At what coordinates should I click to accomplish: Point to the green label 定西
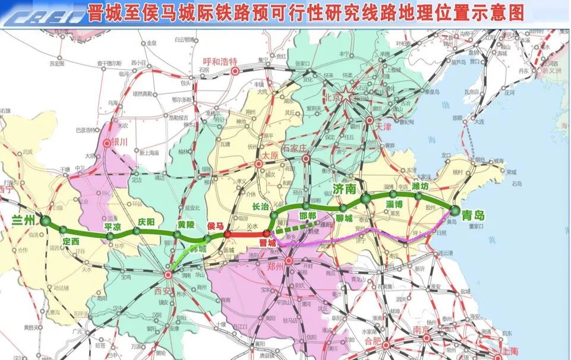[x=71, y=241]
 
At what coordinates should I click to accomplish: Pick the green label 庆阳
[x=145, y=222]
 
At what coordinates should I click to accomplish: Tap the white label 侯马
[x=216, y=225]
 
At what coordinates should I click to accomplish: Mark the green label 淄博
[x=395, y=204]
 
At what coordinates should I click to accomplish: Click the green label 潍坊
[x=424, y=186]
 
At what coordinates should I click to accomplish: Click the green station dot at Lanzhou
[x=46, y=221]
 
